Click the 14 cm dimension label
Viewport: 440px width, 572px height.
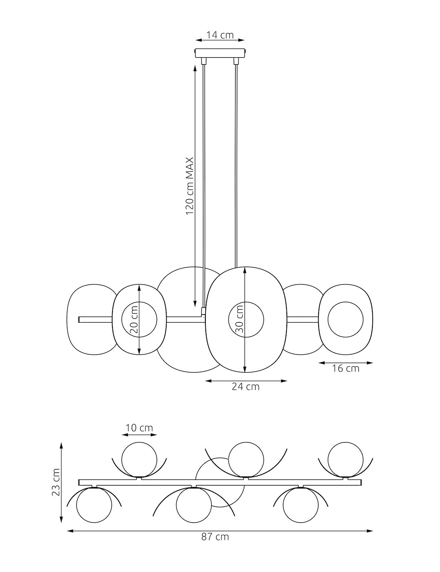tap(220, 35)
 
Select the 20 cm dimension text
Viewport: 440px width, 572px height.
tap(134, 320)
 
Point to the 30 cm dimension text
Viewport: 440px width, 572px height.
tap(240, 319)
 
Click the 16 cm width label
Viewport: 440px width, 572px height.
tap(345, 369)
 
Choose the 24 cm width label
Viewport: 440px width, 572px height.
tap(246, 387)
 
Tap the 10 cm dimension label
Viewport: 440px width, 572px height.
tap(139, 428)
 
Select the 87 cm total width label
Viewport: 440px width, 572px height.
tap(215, 537)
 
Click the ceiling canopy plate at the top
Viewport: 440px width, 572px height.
tap(221, 53)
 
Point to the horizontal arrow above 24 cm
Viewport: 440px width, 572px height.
tap(246, 381)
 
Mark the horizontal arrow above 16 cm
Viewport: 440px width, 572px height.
tap(345, 363)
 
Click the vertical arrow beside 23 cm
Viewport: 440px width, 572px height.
tap(62, 483)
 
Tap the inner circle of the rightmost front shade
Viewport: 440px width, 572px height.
tap(345, 319)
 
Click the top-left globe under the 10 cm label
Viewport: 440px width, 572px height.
tap(139, 459)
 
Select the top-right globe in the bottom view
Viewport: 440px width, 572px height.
tap(345, 459)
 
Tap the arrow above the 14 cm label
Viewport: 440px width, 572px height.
tap(220, 40)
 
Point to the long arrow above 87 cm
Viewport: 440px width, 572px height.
tap(220, 531)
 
